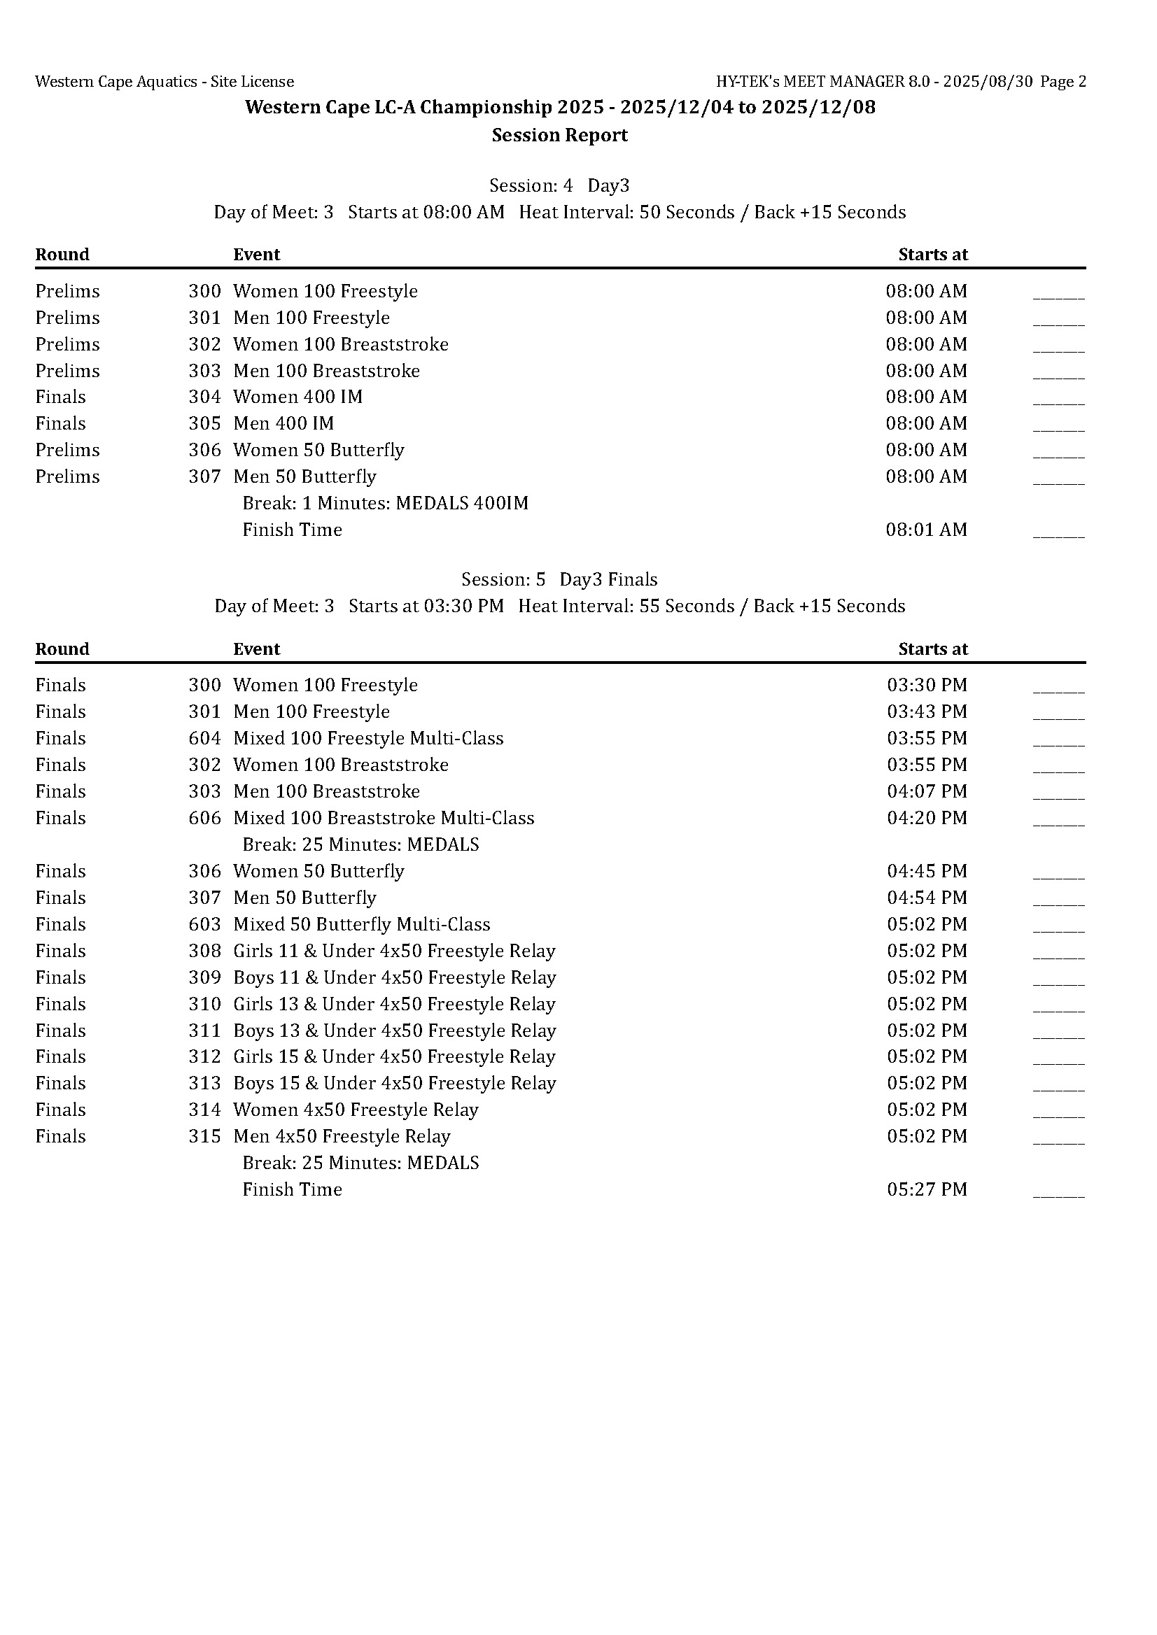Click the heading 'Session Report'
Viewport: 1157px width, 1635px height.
point(559,135)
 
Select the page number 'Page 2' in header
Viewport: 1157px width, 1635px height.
point(1063,82)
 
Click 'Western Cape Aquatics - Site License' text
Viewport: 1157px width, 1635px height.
point(164,82)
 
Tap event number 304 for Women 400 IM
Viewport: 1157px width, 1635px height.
point(204,397)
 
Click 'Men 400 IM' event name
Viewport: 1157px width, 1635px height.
point(283,424)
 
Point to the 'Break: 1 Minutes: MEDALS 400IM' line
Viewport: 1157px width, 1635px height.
point(386,504)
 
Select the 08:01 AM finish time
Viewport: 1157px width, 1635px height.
point(926,530)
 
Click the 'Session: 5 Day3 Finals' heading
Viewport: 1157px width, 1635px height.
point(559,579)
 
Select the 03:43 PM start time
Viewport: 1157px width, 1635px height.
point(927,712)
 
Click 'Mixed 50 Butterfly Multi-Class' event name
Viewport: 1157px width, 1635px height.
point(362,924)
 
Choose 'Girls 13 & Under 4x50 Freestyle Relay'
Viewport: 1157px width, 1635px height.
point(394,1004)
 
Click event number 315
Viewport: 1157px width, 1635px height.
point(204,1136)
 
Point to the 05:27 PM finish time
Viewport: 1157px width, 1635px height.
point(927,1189)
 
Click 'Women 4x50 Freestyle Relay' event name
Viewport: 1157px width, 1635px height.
point(356,1110)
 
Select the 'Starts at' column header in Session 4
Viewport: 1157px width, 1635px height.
point(932,255)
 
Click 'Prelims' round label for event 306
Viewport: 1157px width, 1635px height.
point(68,450)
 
